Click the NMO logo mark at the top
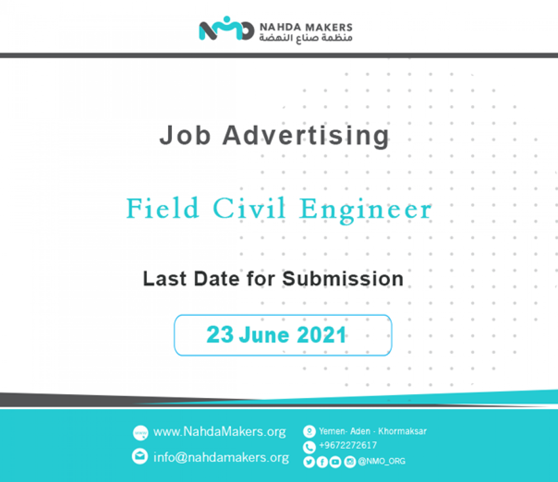(227, 28)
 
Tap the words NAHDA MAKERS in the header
(306, 28)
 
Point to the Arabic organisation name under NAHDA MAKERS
(306, 38)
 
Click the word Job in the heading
(185, 135)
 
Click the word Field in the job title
(163, 208)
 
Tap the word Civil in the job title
(249, 208)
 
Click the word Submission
(343, 279)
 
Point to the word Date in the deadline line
(217, 279)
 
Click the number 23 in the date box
(220, 334)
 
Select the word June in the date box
(264, 335)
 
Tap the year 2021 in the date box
(321, 335)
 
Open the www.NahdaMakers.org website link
(219, 432)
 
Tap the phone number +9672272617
(348, 445)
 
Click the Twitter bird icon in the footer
(309, 462)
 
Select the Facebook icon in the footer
(322, 462)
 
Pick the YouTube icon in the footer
(335, 462)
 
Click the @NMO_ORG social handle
(382, 461)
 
